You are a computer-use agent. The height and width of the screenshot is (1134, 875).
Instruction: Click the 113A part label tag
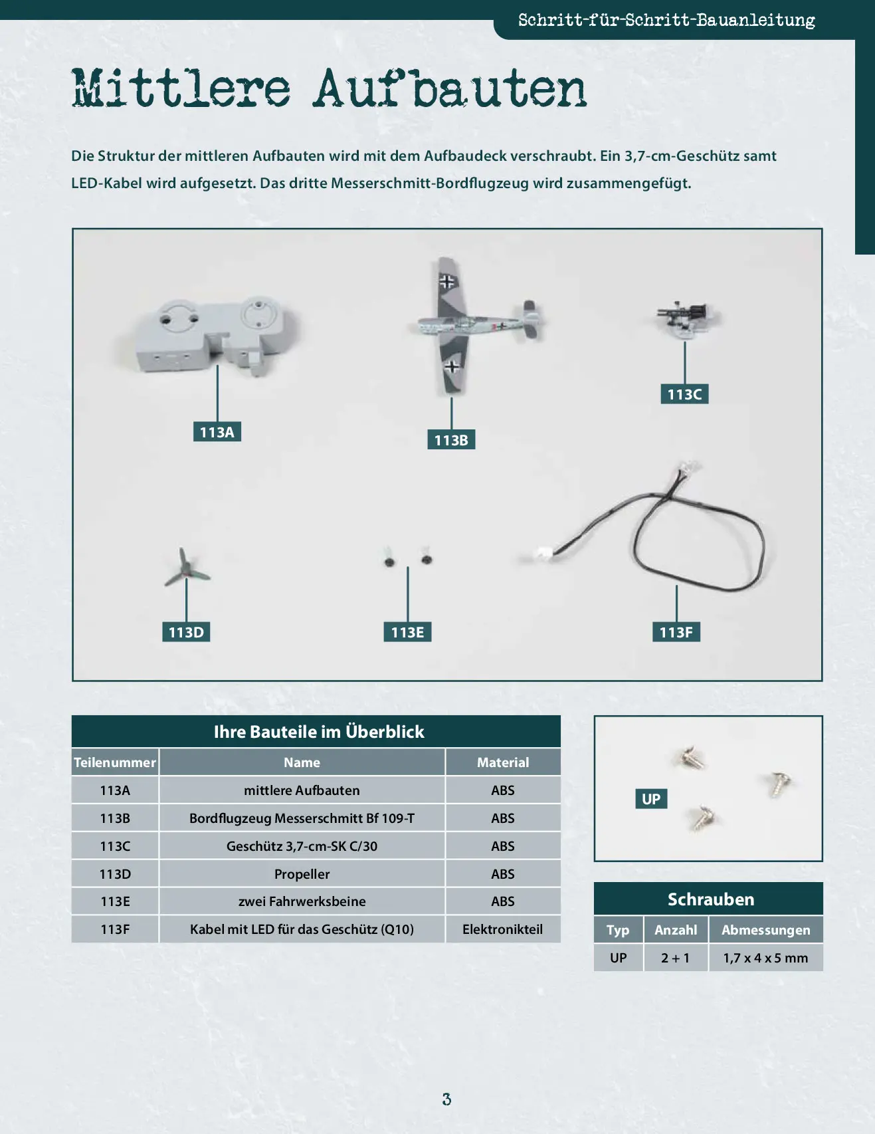(217, 432)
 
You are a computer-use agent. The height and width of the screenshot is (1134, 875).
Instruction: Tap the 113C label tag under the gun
(684, 394)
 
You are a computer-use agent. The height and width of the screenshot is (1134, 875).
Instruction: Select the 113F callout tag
(676, 632)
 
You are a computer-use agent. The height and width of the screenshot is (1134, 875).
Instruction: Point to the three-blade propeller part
(187, 569)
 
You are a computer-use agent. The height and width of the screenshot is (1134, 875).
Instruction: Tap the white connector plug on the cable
(543, 554)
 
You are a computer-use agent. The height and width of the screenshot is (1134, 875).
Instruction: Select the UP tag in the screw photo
(651, 799)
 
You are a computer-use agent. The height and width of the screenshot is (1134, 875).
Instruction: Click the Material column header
(503, 762)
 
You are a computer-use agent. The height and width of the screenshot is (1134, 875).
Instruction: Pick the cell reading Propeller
(302, 874)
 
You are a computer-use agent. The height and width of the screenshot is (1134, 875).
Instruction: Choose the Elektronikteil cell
(503, 929)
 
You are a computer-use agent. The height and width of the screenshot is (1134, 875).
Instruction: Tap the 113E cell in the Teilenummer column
(115, 901)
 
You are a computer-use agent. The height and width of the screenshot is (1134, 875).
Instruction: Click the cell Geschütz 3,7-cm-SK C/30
(302, 846)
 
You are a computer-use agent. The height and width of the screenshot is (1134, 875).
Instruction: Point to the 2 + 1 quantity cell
(675, 958)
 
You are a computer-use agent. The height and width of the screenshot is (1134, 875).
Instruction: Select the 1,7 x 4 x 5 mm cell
(765, 958)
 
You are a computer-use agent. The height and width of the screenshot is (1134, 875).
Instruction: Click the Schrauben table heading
(710, 899)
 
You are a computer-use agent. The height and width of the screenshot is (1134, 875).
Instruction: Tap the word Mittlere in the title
(181, 88)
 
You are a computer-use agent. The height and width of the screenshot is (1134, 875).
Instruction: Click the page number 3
(446, 1099)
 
